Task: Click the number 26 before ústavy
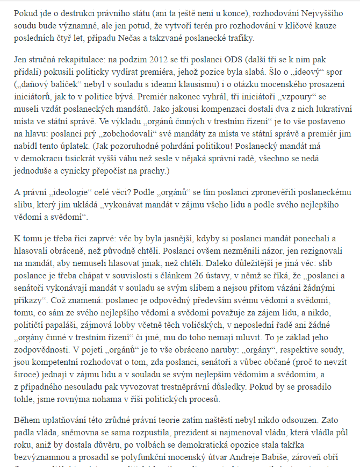click(x=188, y=277)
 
